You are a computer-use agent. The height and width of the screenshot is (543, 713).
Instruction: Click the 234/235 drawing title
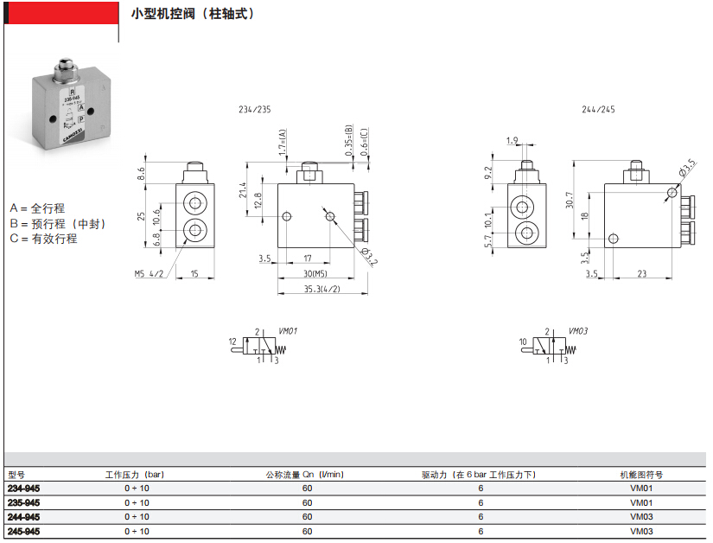tap(254, 110)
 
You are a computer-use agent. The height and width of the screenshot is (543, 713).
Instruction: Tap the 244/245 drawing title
tap(599, 110)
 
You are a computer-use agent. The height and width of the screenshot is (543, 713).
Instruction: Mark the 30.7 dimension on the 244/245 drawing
tap(570, 200)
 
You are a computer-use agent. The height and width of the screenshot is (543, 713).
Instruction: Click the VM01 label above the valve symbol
tap(289, 331)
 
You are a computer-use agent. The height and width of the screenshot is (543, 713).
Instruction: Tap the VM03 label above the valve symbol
tap(578, 331)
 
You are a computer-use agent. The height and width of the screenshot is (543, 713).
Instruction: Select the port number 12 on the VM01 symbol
tap(232, 342)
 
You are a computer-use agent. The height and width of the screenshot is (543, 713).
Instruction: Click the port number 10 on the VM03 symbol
tap(523, 342)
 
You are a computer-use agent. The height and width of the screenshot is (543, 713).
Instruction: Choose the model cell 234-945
tap(23, 489)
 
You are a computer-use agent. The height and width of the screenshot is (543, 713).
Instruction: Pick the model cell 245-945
tap(23, 531)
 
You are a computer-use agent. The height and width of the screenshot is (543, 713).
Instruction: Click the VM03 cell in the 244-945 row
tap(640, 517)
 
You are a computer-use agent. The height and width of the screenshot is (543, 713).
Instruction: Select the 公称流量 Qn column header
tap(304, 475)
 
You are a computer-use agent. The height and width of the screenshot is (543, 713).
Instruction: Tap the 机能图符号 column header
tap(640, 475)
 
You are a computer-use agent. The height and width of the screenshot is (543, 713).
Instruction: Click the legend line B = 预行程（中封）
tap(58, 223)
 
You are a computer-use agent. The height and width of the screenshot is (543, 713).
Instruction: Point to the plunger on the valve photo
tap(65, 67)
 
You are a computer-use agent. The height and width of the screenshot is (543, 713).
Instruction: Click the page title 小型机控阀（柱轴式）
tap(193, 15)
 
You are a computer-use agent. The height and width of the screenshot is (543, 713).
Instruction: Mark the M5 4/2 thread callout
tap(149, 274)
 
